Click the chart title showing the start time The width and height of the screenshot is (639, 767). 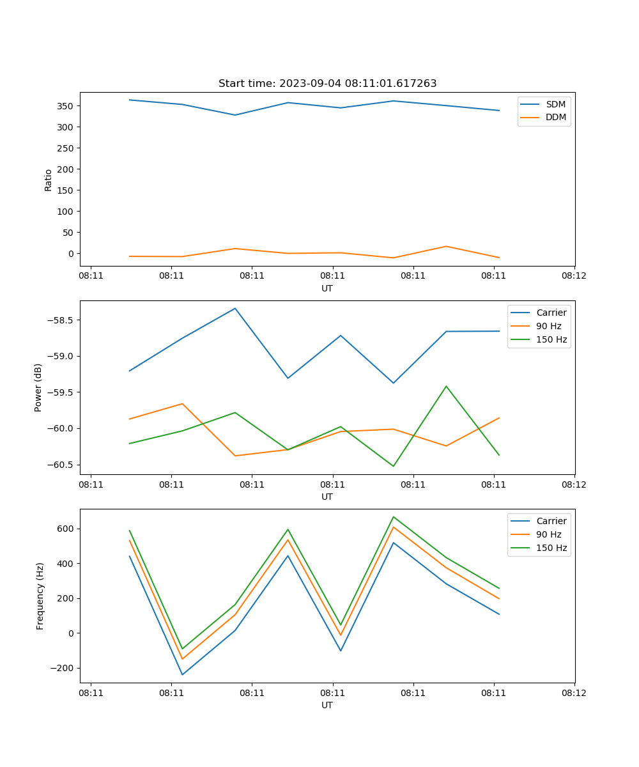[x=327, y=84]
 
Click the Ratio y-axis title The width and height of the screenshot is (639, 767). [x=49, y=180]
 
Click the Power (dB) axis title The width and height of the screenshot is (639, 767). [x=38, y=387]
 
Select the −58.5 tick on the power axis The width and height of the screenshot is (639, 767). [x=61, y=320]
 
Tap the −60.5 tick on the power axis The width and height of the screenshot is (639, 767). [x=61, y=465]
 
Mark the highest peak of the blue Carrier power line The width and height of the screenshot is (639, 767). [x=235, y=308]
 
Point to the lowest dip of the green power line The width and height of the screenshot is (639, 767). [x=393, y=466]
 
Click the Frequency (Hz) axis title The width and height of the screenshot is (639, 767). [x=40, y=596]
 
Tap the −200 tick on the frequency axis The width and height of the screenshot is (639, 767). [x=65, y=669]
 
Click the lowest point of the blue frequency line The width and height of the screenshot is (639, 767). [x=182, y=674]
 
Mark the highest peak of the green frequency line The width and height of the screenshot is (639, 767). [x=393, y=516]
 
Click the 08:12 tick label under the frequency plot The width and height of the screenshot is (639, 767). [x=574, y=693]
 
